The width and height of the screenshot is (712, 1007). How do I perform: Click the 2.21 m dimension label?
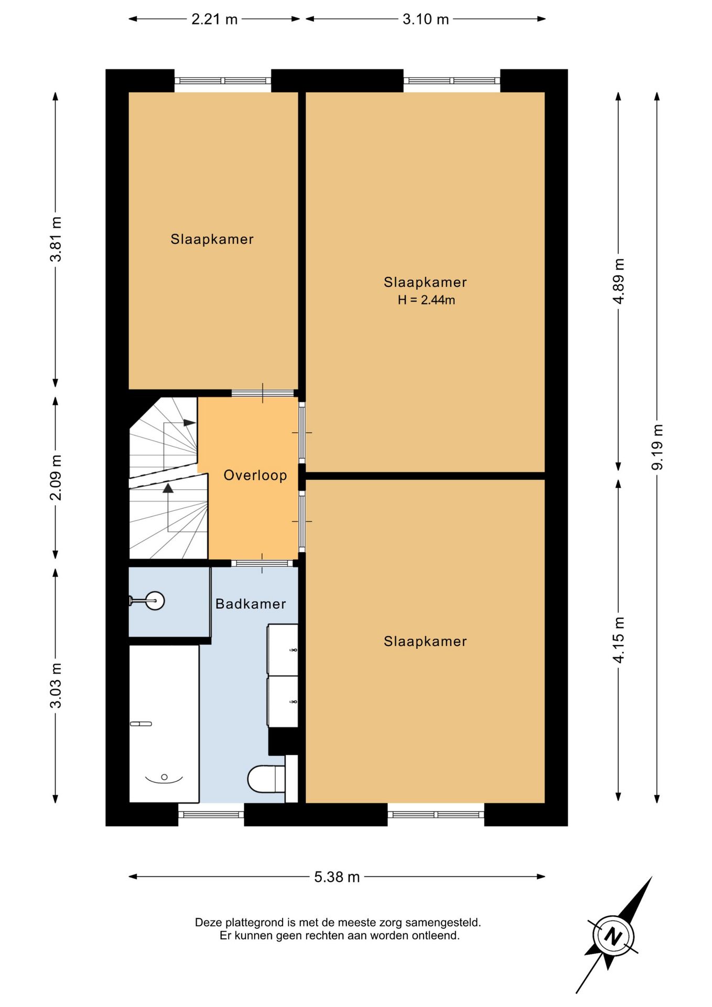pyautogui.click(x=214, y=19)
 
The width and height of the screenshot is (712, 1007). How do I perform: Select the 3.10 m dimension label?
pyautogui.click(x=426, y=19)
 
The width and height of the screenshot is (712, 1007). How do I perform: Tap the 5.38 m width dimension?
pyautogui.click(x=337, y=876)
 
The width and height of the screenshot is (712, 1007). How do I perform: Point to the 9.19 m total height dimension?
pyautogui.click(x=657, y=447)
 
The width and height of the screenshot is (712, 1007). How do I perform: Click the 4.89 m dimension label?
pyautogui.click(x=619, y=281)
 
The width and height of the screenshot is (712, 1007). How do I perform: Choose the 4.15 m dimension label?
pyautogui.click(x=619, y=640)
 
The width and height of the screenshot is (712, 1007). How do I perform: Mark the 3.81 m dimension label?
pyautogui.click(x=56, y=239)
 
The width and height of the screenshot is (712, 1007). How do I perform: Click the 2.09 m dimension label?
pyautogui.click(x=56, y=477)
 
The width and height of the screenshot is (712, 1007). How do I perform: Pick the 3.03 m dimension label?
pyautogui.click(x=56, y=685)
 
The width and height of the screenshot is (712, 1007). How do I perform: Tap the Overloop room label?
pyautogui.click(x=255, y=475)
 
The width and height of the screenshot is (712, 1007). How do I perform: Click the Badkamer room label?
pyautogui.click(x=251, y=604)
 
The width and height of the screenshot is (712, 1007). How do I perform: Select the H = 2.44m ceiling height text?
pyautogui.click(x=426, y=300)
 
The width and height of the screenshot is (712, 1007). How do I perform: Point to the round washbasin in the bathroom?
pyautogui.click(x=155, y=601)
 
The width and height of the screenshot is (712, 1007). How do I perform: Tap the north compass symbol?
pyautogui.click(x=613, y=936)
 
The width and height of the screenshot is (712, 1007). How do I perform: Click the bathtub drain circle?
pyautogui.click(x=164, y=777)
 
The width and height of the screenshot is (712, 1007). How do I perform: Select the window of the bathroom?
pyautogui.click(x=211, y=815)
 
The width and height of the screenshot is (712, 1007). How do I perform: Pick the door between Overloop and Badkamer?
pyautogui.click(x=262, y=563)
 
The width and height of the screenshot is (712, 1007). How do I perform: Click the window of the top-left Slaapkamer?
pyautogui.click(x=223, y=81)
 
